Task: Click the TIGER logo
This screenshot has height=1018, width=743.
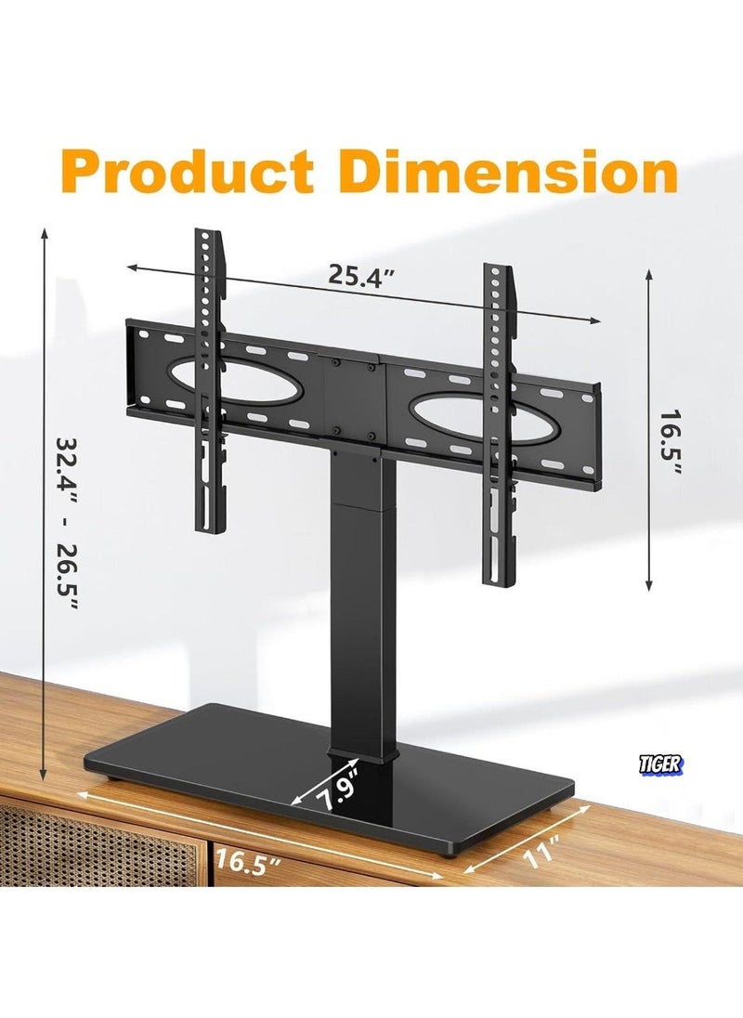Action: pyautogui.click(x=661, y=764)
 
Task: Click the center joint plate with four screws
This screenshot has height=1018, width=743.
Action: pyautogui.click(x=353, y=399)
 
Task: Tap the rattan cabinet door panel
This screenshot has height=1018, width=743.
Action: pyautogui.click(x=93, y=845)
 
